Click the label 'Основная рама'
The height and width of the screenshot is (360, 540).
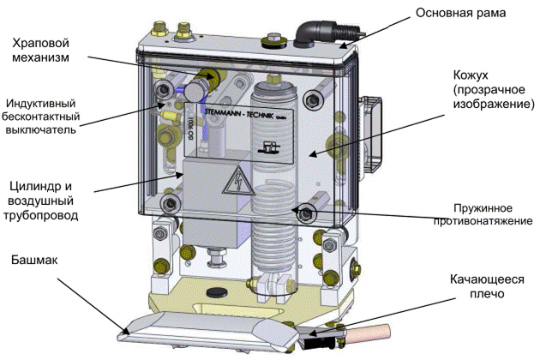tap(460, 14)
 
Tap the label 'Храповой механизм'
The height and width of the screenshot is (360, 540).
tap(40, 50)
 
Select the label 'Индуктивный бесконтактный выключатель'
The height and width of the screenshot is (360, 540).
tap(40, 117)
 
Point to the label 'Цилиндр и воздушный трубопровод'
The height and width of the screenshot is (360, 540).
tap(40, 201)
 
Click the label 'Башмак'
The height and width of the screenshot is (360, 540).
tap(34, 260)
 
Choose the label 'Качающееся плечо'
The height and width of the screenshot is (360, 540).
tap(487, 286)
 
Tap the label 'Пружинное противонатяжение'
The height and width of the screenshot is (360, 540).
tap(483, 214)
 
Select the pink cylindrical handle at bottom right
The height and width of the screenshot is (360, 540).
tap(368, 333)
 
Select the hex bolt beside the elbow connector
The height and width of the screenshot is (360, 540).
tap(273, 39)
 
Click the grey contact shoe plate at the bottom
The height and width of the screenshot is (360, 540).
tap(207, 331)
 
